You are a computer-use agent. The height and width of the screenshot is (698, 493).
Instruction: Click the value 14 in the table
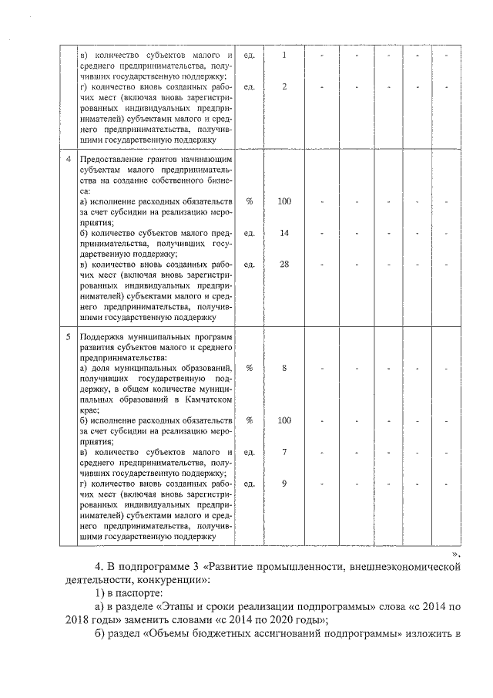[x=284, y=232]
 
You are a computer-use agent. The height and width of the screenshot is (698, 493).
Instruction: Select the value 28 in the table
[x=284, y=264]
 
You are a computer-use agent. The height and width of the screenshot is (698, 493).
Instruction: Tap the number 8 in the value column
[x=284, y=369]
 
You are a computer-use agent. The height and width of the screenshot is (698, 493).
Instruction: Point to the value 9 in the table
[x=284, y=484]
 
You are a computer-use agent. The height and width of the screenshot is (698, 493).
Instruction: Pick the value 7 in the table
[x=284, y=452]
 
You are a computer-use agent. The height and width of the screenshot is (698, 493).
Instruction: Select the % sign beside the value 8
[x=249, y=369]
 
